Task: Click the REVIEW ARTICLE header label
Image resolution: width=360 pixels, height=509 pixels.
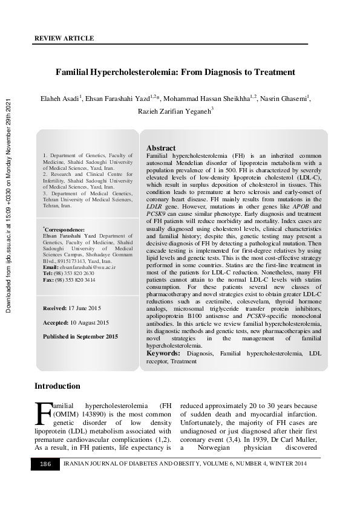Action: pos(64,38)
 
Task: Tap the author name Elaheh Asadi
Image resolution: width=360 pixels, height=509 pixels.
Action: pos(59,99)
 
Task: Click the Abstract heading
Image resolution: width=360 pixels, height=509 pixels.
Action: pos(161,148)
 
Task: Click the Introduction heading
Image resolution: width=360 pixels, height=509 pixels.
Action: pos(57,386)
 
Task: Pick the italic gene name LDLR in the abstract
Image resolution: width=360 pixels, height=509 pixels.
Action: pos(156,206)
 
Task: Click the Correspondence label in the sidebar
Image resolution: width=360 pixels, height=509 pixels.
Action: pos(64,230)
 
